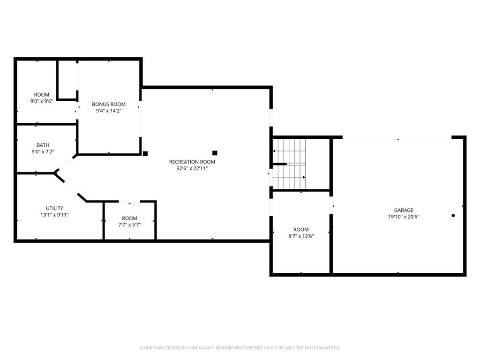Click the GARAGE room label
403,210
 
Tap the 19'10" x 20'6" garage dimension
403,217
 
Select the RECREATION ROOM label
192,162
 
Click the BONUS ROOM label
109,104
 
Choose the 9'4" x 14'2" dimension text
109,111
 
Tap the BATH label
43,145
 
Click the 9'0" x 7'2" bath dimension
43,151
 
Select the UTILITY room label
54,208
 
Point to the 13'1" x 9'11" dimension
54,215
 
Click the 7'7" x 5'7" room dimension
129,225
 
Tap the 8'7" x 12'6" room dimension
301,236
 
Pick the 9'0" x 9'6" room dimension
42,101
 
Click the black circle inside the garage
453,216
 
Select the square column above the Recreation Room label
215,153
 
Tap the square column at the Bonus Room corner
145,153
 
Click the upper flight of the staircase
289,150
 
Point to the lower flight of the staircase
289,177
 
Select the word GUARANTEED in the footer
326,348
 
